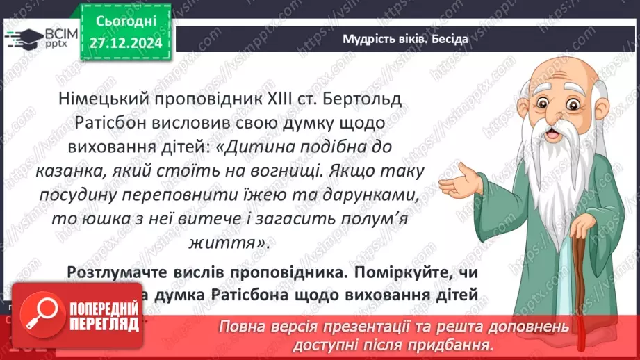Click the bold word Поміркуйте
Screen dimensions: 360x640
coord(404,272)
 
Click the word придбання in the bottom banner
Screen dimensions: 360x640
coord(459,344)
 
